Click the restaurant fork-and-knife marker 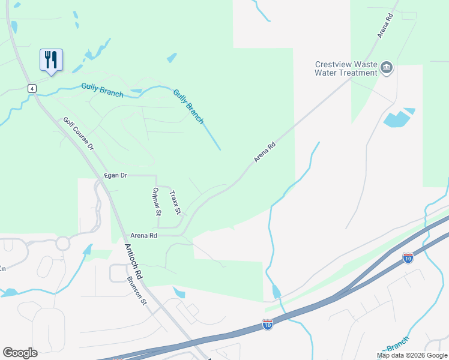pyautogui.click(x=51, y=60)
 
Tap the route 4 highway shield pyautogui.click(x=32, y=88)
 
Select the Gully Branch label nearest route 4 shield pyautogui.click(x=103, y=90)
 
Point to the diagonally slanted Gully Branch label pyautogui.click(x=188, y=106)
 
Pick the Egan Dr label pyautogui.click(x=115, y=175)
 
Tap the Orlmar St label pyautogui.click(x=157, y=201)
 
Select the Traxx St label pyautogui.click(x=175, y=202)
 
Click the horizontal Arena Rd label pyautogui.click(x=143, y=236)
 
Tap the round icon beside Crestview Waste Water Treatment pyautogui.click(x=387, y=68)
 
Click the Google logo pyautogui.click(x=20, y=353)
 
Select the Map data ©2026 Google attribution pyautogui.click(x=411, y=355)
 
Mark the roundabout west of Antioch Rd pyautogui.click(x=63, y=243)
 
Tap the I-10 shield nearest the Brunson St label pyautogui.click(x=268, y=325)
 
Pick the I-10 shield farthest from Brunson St pyautogui.click(x=408, y=258)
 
